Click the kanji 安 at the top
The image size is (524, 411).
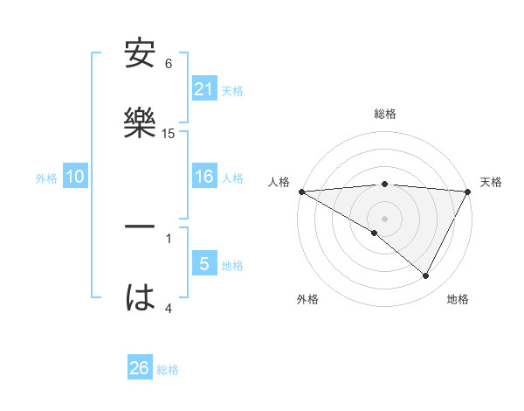tap(140, 54)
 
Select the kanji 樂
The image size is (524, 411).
tap(140, 123)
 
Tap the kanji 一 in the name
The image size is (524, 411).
tap(140, 228)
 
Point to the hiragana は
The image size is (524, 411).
tap(140, 298)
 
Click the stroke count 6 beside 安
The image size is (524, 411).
tap(169, 64)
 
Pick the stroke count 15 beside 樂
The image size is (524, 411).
tap(169, 134)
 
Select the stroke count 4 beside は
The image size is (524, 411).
tap(169, 308)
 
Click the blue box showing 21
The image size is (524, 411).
tap(204, 89)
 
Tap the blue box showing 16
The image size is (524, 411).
tap(204, 178)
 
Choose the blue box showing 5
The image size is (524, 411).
tap(204, 264)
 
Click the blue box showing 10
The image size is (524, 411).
tap(75, 178)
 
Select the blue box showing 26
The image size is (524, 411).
tap(140, 368)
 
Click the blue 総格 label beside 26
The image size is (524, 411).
tap(168, 370)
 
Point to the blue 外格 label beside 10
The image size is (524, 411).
tap(46, 178)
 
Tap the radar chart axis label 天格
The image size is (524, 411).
tap(491, 182)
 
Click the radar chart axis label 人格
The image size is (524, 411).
tap(279, 182)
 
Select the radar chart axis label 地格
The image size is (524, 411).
tap(458, 299)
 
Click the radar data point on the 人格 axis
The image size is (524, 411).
tap(301, 192)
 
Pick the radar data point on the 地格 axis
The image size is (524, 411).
tap(426, 276)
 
